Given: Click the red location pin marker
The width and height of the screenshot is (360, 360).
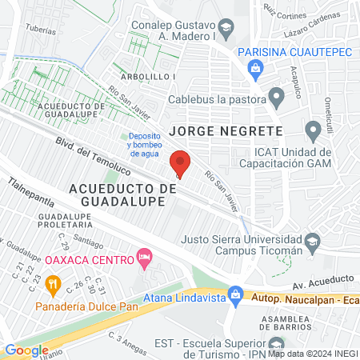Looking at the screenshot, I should (x=180, y=163).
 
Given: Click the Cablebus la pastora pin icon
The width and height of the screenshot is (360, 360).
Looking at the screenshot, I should (x=278, y=98).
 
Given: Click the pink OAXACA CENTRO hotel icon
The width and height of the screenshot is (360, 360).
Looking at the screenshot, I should (x=145, y=258).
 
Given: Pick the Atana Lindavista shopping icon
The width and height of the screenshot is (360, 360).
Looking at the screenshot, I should (x=234, y=294).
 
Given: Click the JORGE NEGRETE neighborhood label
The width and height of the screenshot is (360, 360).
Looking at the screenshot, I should (x=226, y=130).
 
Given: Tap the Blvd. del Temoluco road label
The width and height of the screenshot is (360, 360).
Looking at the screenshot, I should (x=92, y=154).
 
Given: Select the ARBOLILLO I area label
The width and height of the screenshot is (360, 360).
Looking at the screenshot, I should (x=150, y=77).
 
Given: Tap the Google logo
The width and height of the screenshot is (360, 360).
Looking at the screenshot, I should (x=26, y=350).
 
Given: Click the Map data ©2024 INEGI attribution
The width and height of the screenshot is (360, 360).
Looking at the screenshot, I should (x=311, y=353).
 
